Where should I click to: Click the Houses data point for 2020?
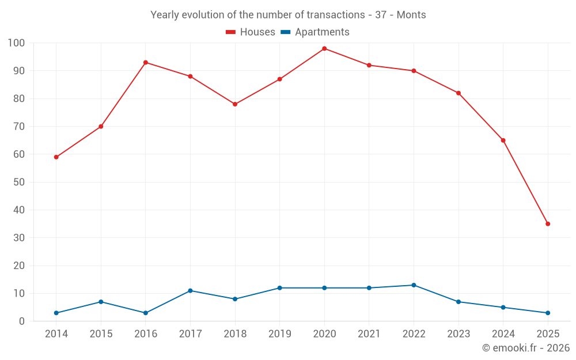[324, 48]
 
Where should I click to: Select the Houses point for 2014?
[56, 157]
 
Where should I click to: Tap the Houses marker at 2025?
[548, 224]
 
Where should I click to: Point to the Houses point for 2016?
[146, 62]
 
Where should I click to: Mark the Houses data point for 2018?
[235, 104]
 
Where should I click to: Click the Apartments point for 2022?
[414, 285]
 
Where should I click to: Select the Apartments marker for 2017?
[190, 291]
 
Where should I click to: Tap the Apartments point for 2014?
[56, 313]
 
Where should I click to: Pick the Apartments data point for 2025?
[548, 313]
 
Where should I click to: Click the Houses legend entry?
[251, 32]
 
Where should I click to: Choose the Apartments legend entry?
[315, 32]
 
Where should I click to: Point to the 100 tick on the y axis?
[17, 43]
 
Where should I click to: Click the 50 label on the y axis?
[20, 182]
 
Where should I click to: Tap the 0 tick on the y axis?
[22, 321]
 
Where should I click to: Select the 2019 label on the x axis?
[279, 334]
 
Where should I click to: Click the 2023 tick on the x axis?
[458, 334]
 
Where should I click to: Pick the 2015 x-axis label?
[101, 334]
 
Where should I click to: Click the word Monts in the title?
[411, 15]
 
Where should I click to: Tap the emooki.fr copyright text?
[526, 348]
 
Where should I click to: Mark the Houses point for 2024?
[503, 141]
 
